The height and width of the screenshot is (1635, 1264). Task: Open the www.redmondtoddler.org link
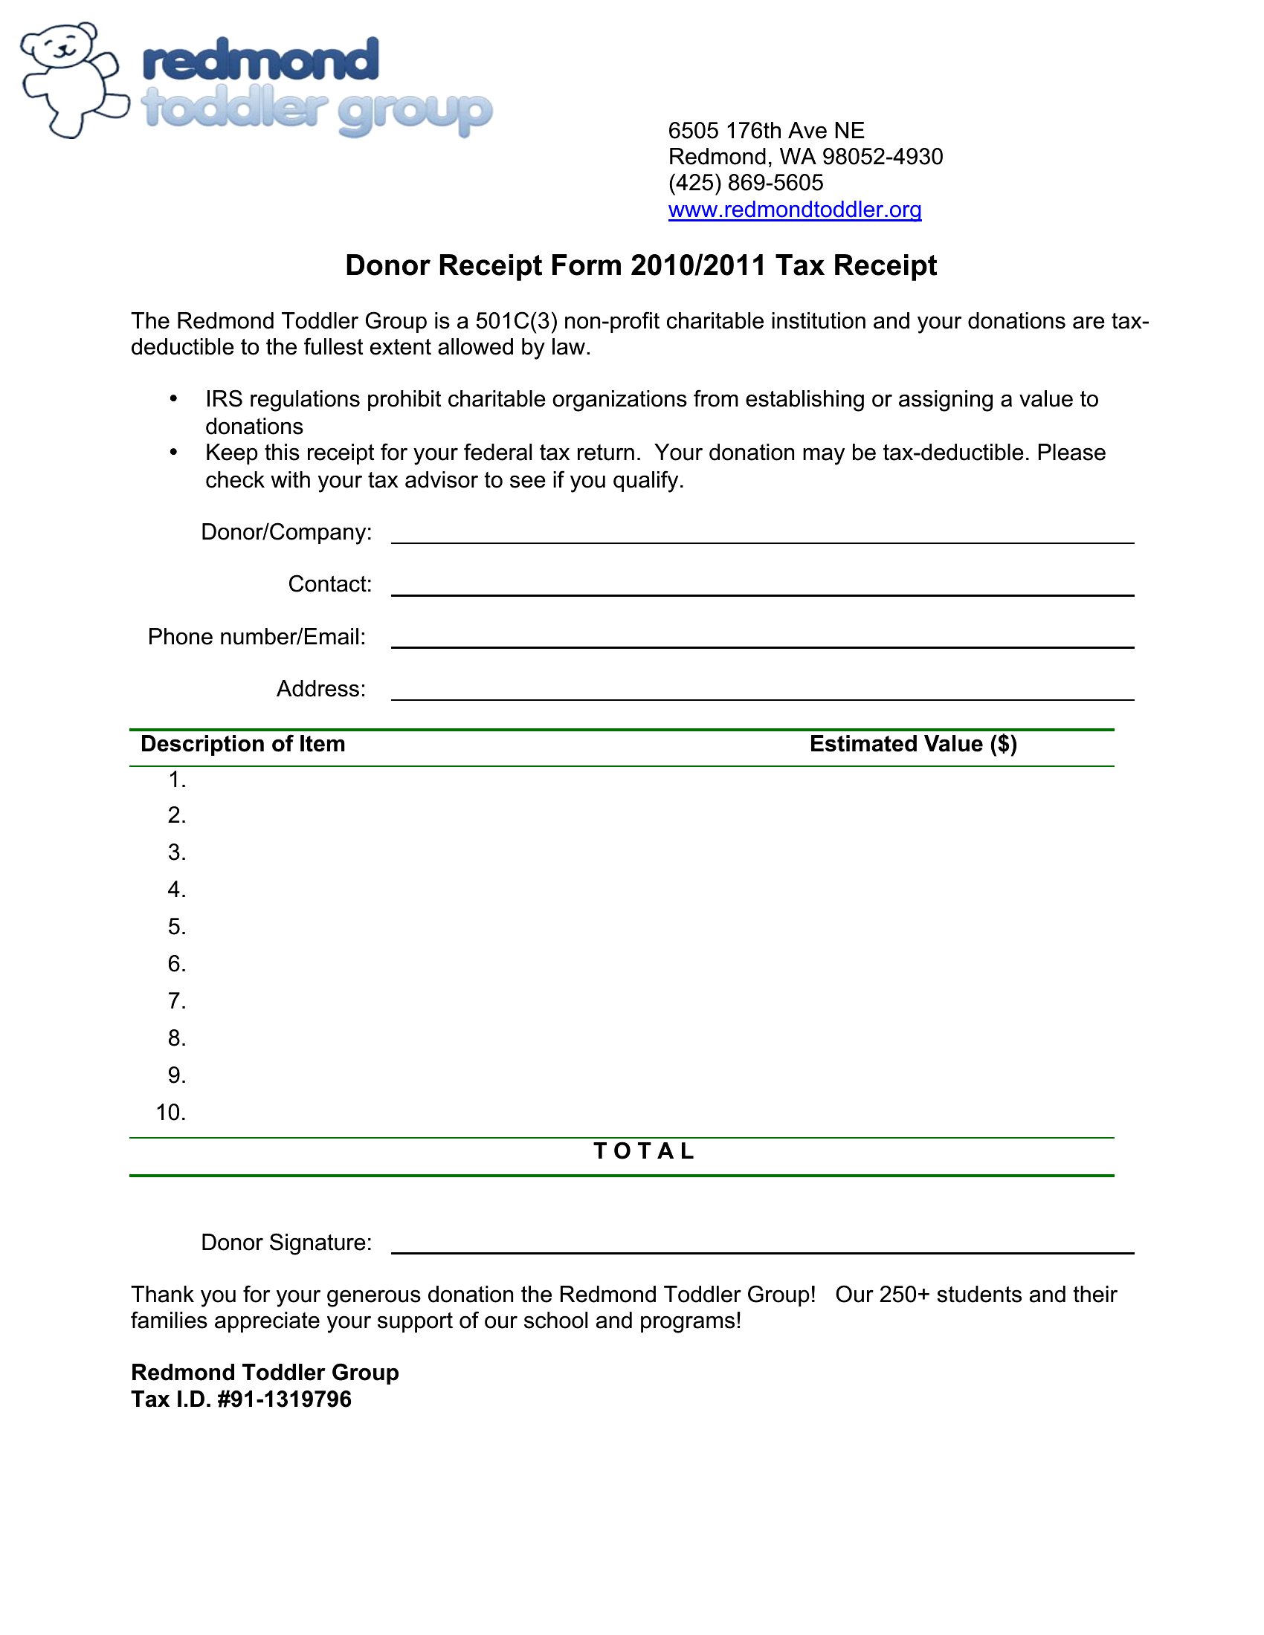(x=795, y=210)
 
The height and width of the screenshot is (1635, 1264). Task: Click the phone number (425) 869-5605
(x=745, y=183)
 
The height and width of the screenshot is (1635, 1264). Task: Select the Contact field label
(x=329, y=584)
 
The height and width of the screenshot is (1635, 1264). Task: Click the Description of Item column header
(x=242, y=743)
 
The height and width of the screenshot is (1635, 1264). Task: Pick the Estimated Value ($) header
(x=913, y=743)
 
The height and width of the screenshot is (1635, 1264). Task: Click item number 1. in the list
(x=177, y=780)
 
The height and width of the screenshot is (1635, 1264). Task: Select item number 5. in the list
(x=177, y=927)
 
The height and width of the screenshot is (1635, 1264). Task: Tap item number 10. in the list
(x=171, y=1113)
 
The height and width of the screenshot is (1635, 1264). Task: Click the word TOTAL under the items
(x=644, y=1150)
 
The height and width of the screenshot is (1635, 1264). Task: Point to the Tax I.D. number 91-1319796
(x=293, y=1399)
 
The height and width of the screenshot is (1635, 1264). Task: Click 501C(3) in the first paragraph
(x=517, y=321)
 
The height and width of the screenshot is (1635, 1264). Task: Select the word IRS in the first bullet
(x=224, y=399)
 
